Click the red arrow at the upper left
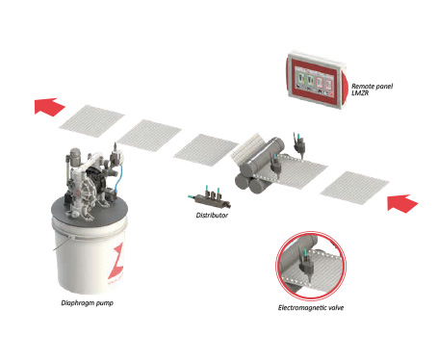click(49, 107)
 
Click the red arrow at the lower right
click(402, 203)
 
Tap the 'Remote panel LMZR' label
click(372, 90)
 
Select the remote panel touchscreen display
click(314, 82)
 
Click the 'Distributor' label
click(212, 216)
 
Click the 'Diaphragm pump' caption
click(87, 303)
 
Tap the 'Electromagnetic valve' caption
click(311, 308)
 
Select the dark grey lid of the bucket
click(90, 211)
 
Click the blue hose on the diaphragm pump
click(119, 177)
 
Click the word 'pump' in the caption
click(105, 303)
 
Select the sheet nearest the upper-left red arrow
click(91, 120)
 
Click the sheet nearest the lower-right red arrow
click(354, 188)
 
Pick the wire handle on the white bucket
click(61, 243)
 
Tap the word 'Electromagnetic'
click(301, 308)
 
